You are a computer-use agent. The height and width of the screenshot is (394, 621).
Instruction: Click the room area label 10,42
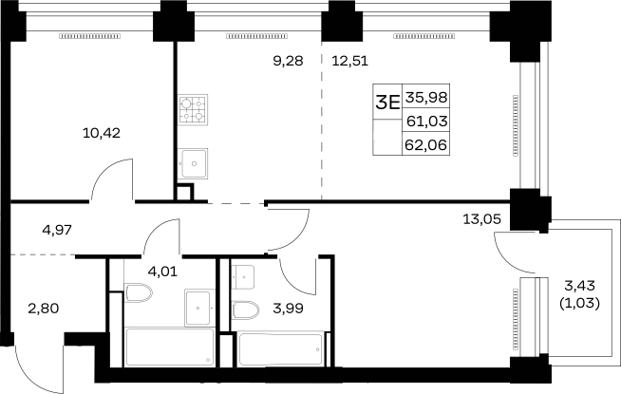tap(102, 133)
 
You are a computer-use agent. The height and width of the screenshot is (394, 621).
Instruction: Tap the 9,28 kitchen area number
tap(289, 61)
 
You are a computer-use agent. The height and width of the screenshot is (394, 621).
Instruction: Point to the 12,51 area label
tap(350, 61)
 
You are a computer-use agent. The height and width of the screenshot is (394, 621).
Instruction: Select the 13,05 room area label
tap(482, 218)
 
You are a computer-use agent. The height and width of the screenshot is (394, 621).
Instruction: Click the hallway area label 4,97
tap(57, 230)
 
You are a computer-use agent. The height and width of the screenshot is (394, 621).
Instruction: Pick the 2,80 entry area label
tap(44, 308)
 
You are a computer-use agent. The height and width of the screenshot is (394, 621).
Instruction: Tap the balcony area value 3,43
tap(580, 285)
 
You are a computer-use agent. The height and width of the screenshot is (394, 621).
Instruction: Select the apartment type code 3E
tap(387, 103)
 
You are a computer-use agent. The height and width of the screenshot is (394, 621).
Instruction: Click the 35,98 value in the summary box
tap(426, 97)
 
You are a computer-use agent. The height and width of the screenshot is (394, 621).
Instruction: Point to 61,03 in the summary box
tap(427, 121)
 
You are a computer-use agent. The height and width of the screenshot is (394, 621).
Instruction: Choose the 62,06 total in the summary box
tap(426, 145)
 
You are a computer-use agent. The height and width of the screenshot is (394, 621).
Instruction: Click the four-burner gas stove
tap(193, 110)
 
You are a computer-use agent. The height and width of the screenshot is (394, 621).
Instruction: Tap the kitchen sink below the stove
tap(193, 163)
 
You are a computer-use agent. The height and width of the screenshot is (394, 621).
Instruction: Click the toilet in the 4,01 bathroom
tap(139, 293)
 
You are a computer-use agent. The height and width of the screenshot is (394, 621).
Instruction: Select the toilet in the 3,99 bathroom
tap(246, 310)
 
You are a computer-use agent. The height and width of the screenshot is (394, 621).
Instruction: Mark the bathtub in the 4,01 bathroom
tap(170, 347)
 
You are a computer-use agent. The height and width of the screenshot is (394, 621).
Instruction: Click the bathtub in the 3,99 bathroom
tap(281, 349)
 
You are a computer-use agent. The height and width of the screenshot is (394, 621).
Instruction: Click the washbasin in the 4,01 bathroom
tap(198, 308)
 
